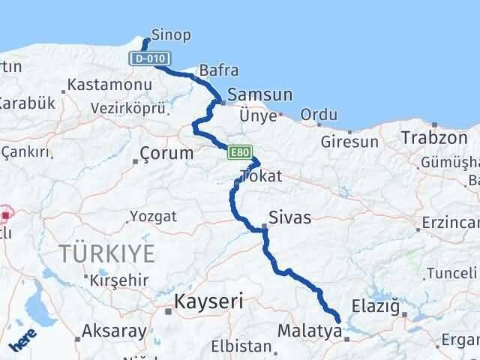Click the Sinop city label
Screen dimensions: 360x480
pos(171,34)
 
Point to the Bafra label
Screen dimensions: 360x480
pos(219,71)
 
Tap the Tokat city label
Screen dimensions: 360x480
pos(261,177)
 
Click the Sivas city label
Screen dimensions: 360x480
pos(290,217)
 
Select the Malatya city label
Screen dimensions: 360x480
pos(308,330)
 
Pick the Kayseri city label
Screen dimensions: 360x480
pos(208,302)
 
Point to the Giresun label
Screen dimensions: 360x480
pos(349,141)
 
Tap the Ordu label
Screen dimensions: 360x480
pos(319,115)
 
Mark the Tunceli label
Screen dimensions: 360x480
pos(450,272)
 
